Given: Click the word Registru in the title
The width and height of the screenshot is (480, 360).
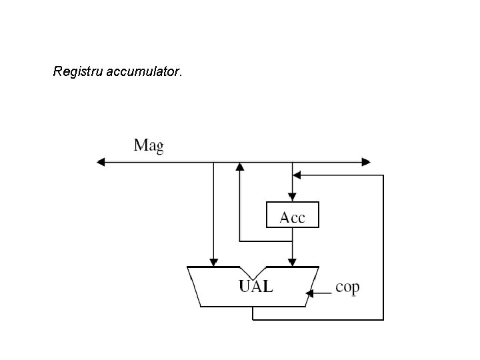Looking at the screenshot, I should click(78, 71).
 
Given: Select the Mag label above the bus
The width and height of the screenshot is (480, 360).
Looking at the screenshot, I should click(148, 146).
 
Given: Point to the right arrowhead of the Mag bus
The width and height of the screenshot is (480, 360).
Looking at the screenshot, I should click(366, 161).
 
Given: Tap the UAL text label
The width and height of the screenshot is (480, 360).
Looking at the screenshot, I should click(256, 287).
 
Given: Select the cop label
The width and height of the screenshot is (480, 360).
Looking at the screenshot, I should click(347, 287).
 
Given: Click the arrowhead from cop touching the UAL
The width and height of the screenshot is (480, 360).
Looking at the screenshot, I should click(309, 293).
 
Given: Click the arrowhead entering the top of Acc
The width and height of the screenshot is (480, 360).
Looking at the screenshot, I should click(292, 197).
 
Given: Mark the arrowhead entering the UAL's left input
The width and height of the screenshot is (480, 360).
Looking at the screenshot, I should click(213, 261).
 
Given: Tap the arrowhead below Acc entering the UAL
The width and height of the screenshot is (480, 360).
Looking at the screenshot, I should click(292, 261).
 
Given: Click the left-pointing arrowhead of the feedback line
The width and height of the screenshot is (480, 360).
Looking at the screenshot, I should click(298, 175).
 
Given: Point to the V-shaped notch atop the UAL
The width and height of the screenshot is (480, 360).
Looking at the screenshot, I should click(253, 273).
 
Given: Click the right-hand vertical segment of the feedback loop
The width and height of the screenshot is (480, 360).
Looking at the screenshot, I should click(383, 247).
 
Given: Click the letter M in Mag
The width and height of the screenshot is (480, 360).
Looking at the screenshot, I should click(141, 145).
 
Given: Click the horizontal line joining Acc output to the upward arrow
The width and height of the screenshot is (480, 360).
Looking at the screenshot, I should click(265, 241).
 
